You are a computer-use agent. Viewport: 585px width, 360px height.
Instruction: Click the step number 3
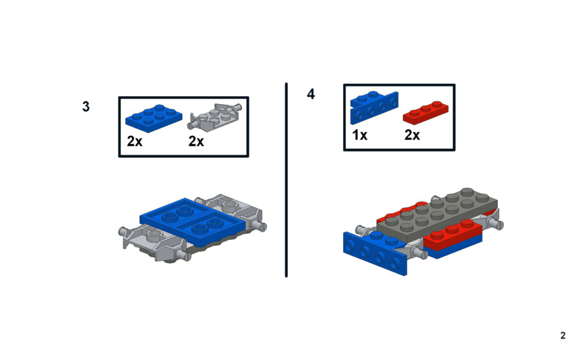click(x=86, y=107)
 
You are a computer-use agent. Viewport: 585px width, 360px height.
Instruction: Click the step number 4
click(x=311, y=94)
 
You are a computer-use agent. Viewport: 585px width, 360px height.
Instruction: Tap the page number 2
click(x=563, y=335)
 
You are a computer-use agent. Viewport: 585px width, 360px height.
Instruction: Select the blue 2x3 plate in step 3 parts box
click(x=153, y=118)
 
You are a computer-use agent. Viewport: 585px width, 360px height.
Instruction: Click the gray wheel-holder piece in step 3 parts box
click(x=216, y=117)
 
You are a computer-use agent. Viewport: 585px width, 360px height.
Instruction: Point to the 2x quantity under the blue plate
click(x=135, y=142)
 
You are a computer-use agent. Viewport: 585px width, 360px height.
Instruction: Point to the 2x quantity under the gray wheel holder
click(x=196, y=142)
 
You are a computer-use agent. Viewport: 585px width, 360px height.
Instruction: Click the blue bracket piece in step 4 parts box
click(x=374, y=107)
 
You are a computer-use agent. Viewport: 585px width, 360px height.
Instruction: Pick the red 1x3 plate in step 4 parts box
click(x=426, y=112)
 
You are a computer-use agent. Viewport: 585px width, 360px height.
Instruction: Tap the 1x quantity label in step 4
click(x=359, y=135)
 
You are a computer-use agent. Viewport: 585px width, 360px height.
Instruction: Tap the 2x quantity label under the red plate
click(x=412, y=135)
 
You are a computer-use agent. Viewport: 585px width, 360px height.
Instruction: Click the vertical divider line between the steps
click(x=286, y=180)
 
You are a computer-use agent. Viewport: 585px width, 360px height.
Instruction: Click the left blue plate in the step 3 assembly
click(x=175, y=212)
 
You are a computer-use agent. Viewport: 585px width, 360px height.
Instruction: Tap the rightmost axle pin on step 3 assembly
click(x=259, y=225)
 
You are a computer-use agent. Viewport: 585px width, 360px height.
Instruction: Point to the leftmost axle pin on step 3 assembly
click(x=125, y=231)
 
